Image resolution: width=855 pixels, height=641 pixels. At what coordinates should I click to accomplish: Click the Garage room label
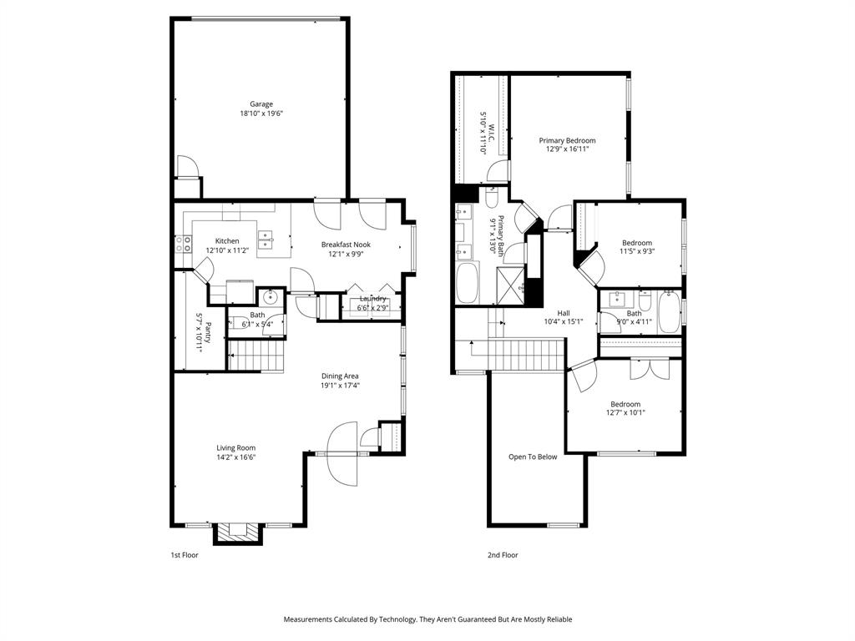(261, 104)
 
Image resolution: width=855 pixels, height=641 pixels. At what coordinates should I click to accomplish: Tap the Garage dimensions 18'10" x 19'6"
(261, 114)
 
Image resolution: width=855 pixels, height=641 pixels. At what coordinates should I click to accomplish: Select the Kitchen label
(227, 241)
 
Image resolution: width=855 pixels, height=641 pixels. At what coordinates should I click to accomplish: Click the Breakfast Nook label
(346, 245)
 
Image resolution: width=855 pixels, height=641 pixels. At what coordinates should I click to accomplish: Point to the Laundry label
(372, 299)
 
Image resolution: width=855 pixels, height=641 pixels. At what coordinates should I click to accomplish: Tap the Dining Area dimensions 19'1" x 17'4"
(340, 386)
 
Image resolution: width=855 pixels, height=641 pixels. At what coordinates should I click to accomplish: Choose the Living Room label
(236, 447)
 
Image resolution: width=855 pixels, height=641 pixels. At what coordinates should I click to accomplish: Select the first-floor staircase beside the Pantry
(257, 356)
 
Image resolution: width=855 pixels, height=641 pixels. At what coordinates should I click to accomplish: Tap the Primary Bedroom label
(567, 141)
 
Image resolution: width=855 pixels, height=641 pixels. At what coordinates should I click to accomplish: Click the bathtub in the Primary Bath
(466, 284)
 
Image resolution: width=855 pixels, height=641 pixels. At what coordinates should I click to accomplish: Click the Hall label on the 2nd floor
(564, 313)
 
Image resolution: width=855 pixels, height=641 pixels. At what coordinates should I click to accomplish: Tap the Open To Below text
(533, 457)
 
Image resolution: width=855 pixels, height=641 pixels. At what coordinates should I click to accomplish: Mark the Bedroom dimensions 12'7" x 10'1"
(625, 412)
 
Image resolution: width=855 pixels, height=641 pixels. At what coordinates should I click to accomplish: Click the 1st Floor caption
(185, 555)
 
